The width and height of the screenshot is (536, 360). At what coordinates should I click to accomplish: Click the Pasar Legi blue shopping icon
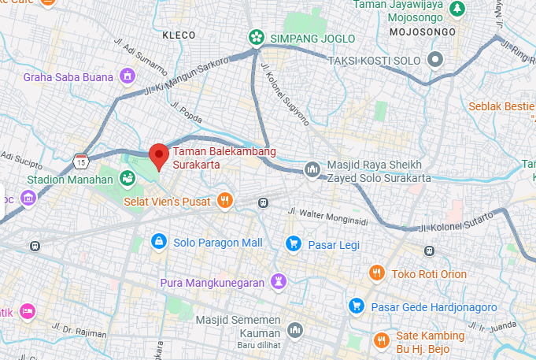click(294, 243)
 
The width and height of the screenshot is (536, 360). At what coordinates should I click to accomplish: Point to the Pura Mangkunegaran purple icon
click(279, 281)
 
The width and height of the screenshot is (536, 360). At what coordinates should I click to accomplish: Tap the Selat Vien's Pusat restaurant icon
click(225, 200)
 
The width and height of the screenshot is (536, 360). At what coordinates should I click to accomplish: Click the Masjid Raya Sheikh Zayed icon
click(312, 169)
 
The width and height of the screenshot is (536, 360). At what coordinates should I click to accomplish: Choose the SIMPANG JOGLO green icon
click(256, 36)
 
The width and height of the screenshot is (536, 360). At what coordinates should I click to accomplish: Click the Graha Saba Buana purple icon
click(127, 76)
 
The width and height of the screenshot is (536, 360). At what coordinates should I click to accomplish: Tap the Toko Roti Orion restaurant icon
click(377, 273)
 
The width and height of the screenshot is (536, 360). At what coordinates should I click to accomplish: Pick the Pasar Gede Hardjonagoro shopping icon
click(357, 305)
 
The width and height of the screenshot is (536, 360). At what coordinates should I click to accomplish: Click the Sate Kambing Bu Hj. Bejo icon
click(382, 340)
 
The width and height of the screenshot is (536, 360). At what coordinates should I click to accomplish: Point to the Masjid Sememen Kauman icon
click(295, 329)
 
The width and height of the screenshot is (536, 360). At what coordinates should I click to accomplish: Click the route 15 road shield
click(81, 161)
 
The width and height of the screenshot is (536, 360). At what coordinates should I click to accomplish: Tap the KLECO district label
click(178, 35)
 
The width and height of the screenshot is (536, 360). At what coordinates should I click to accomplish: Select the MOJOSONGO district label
click(423, 32)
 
